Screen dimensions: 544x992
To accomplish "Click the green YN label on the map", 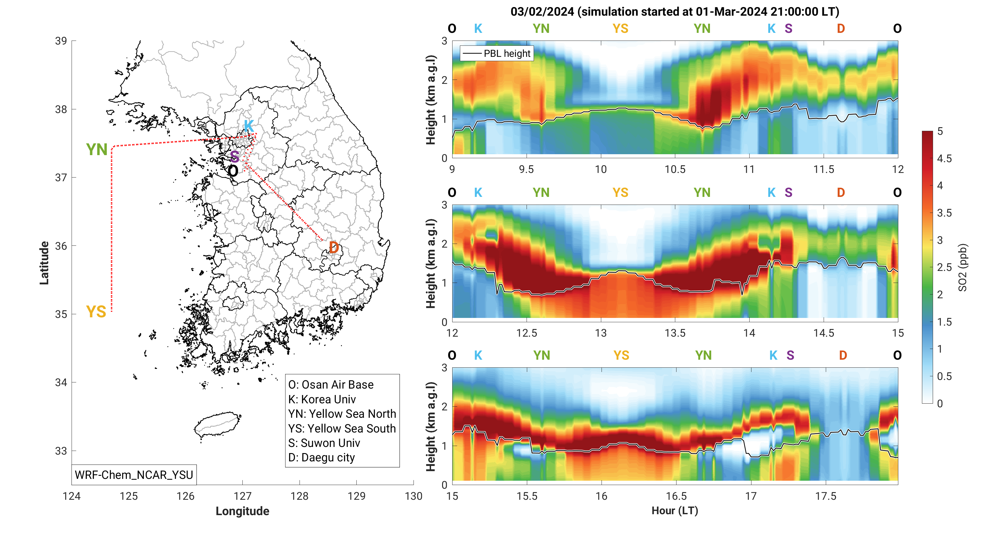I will click(x=97, y=150).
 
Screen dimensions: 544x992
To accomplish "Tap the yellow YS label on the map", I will click(x=96, y=312).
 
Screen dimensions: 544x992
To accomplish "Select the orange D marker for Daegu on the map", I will click(x=334, y=248).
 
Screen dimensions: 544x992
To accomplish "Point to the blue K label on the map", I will click(x=249, y=126).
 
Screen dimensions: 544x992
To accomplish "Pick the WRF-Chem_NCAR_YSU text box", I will click(x=134, y=475).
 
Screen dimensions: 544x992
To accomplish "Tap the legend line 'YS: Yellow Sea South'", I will click(x=342, y=429).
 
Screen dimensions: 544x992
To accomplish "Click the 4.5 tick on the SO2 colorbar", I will click(x=944, y=159).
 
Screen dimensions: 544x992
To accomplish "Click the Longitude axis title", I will click(x=242, y=511).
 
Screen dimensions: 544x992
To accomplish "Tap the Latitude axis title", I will click(x=44, y=263).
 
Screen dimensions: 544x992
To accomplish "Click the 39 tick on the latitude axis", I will click(x=61, y=41).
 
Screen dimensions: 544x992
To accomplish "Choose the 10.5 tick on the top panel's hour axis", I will click(x=675, y=169).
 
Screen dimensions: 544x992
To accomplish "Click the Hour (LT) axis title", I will click(x=675, y=511).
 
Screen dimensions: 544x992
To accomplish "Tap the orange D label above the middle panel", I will click(x=841, y=193).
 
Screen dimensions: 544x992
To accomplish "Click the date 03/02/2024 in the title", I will click(x=542, y=12).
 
